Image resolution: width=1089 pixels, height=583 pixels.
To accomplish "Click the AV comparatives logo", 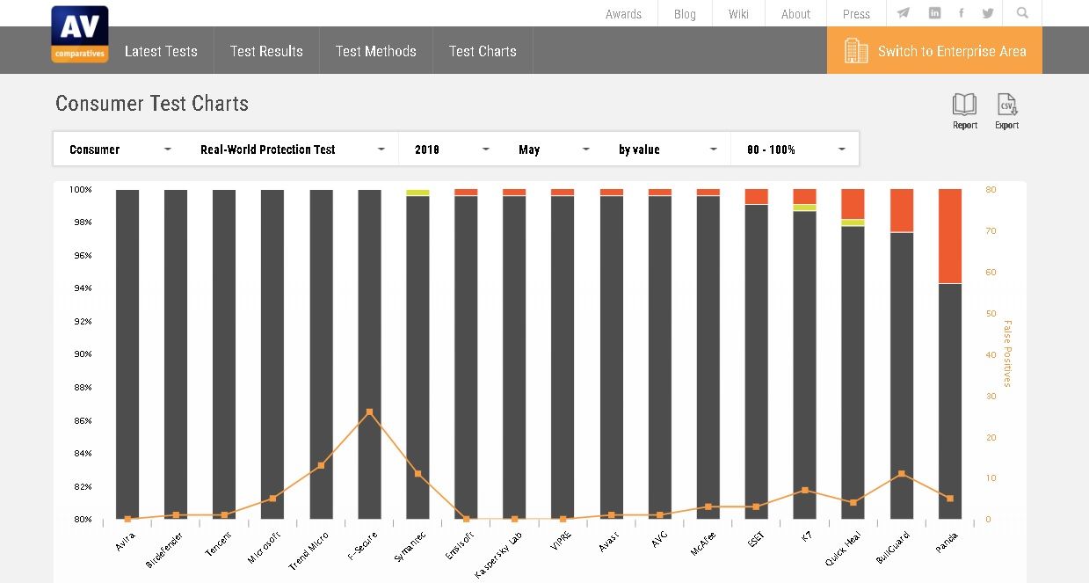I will pyautogui.click(x=79, y=34).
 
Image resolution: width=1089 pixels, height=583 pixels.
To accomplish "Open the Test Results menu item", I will pyautogui.click(x=266, y=51).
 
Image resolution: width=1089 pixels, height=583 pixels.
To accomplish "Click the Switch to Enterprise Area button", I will pyautogui.click(x=934, y=51).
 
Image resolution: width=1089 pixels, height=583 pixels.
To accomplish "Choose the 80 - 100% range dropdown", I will pyautogui.click(x=795, y=149).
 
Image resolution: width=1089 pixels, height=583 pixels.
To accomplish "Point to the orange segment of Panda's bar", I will pyautogui.click(x=950, y=236).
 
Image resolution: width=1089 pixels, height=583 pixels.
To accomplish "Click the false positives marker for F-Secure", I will pyautogui.click(x=369, y=412).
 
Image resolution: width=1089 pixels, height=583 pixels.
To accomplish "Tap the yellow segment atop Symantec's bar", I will pyautogui.click(x=417, y=193).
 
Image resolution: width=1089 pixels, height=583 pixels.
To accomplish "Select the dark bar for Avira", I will pyautogui.click(x=127, y=352).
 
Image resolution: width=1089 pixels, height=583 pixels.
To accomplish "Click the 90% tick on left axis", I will pyautogui.click(x=82, y=354).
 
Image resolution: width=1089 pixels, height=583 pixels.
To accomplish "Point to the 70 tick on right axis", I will pyautogui.click(x=991, y=231).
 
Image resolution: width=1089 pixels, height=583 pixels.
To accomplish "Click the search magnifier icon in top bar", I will pyautogui.click(x=1022, y=13).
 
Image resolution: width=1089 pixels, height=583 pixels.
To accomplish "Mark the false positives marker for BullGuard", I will pyautogui.click(x=902, y=474).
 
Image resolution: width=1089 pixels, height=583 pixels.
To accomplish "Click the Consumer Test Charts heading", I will pyautogui.click(x=152, y=104).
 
